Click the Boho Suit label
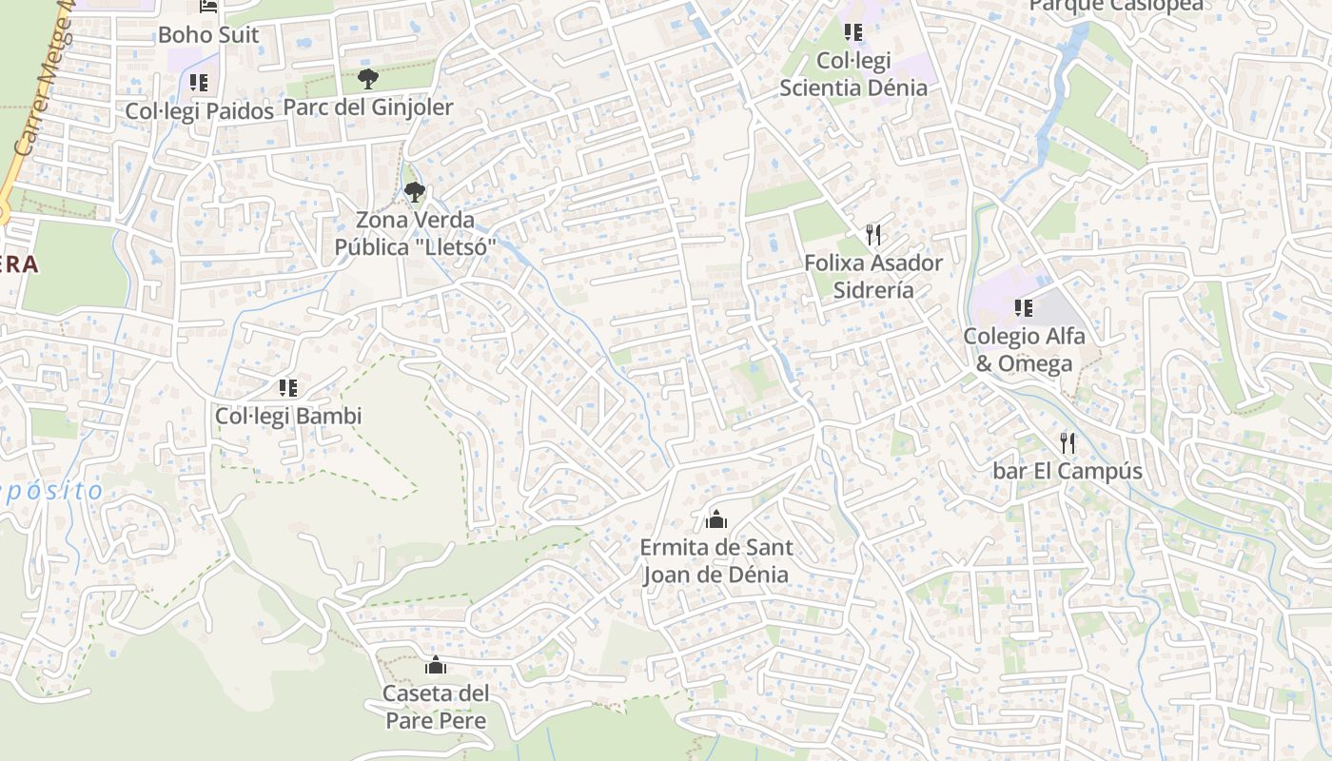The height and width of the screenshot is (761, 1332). [x=208, y=35]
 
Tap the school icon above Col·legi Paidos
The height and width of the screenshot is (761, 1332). [x=198, y=83]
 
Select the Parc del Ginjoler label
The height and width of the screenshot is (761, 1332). [x=368, y=107]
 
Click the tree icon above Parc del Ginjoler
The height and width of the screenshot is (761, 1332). [x=368, y=79]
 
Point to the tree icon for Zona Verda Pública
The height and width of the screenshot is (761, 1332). [x=414, y=192]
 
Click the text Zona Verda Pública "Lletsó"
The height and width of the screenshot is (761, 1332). [x=415, y=234]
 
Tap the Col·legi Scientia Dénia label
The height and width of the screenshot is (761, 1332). [x=853, y=74]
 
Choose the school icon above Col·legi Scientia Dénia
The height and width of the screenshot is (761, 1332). [x=853, y=32]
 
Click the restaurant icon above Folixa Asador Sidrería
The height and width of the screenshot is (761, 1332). [x=873, y=234]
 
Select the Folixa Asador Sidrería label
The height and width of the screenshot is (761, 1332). [x=873, y=276]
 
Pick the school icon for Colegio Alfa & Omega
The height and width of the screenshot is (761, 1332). [x=1024, y=307]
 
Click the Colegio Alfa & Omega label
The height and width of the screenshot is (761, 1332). [x=1024, y=349]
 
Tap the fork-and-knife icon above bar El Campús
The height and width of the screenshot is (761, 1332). [x=1068, y=442]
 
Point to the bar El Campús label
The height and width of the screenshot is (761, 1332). [x=1068, y=471]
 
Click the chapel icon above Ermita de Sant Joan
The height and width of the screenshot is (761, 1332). [x=716, y=519]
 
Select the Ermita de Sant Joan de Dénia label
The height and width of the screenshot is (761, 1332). [x=715, y=561]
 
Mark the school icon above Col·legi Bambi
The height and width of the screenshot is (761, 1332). [x=288, y=387]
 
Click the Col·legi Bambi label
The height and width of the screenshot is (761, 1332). [x=288, y=416]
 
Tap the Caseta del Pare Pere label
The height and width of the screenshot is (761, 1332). [x=436, y=706]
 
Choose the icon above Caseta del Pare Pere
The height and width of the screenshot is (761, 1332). [x=436, y=665]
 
